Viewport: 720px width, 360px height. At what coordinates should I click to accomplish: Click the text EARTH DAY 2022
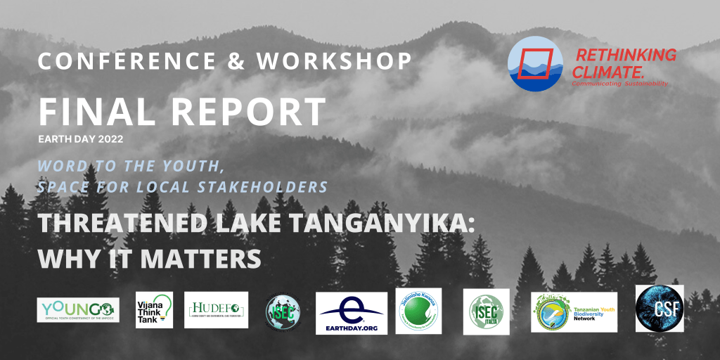click(81, 139)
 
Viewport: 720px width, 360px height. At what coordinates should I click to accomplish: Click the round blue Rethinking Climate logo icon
click(535, 64)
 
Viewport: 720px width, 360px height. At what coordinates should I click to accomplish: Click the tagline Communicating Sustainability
click(619, 84)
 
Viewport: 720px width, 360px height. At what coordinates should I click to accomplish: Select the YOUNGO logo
click(78, 310)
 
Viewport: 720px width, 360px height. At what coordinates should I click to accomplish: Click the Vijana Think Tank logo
click(154, 309)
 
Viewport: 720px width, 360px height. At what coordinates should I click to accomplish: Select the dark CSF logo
click(660, 308)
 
